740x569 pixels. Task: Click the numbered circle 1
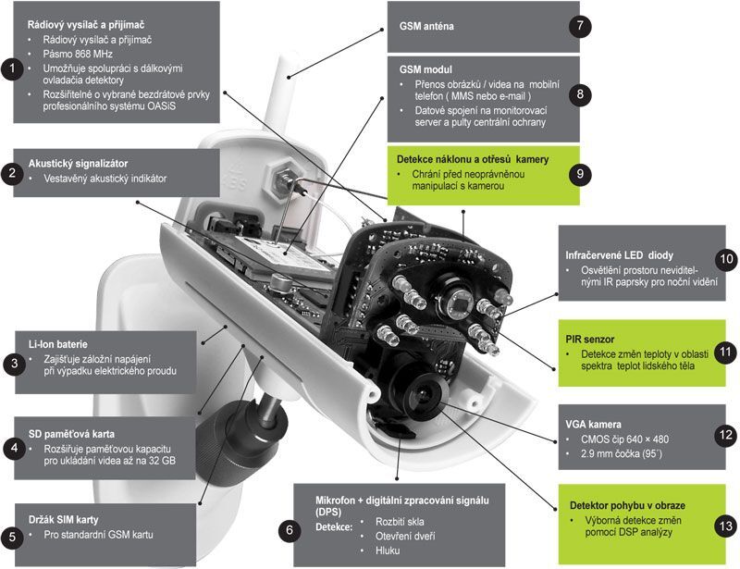11,68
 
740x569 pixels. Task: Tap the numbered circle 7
580,26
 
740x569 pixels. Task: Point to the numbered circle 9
580,172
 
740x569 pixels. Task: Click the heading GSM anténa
426,27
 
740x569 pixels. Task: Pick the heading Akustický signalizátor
78,162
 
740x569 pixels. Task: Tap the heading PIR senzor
590,339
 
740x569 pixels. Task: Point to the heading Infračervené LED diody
620,254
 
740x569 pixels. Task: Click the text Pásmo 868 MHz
78,55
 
